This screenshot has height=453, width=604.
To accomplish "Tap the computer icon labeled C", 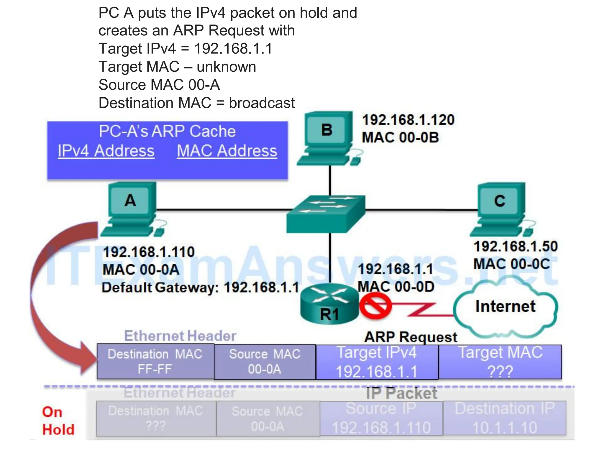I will [501, 208].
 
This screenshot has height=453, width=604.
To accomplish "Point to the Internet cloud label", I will [505, 306].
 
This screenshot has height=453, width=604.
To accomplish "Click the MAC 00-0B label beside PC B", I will [400, 137].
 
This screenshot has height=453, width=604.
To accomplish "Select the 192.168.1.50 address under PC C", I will [516, 246].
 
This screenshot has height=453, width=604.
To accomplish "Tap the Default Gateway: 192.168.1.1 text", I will [201, 287].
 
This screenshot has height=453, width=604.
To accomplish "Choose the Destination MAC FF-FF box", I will [155, 362].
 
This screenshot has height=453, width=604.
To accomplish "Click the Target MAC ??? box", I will [500, 362].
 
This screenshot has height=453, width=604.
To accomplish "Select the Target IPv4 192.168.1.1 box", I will [377, 362].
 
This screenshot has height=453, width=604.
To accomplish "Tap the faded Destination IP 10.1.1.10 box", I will [505, 418].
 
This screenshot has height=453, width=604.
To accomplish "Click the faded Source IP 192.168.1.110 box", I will [381, 418].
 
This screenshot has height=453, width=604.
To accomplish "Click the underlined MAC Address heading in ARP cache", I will [227, 151].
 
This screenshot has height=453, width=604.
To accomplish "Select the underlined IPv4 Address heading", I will [106, 151].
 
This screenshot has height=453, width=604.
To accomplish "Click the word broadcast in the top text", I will [262, 103].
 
